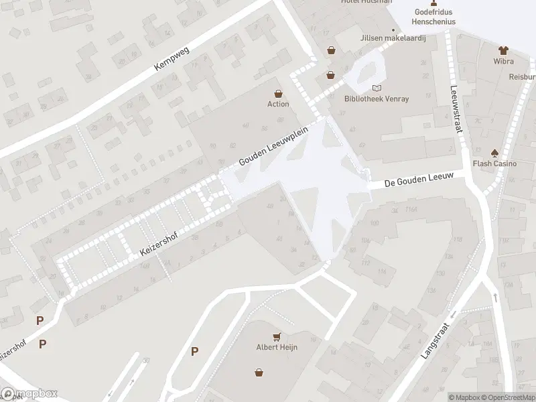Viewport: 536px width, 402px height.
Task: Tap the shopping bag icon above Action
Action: coord(278,94)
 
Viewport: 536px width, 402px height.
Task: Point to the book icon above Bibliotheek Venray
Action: coord(377,88)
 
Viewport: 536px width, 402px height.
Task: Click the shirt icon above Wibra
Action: coord(503,50)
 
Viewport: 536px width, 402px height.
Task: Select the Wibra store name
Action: coord(503,61)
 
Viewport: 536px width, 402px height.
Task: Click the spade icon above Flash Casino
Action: coord(494,152)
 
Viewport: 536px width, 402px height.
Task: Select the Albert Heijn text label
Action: coord(277,346)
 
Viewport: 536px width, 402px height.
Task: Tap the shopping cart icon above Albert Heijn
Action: coord(277,336)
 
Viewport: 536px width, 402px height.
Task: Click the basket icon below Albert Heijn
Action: coord(259,373)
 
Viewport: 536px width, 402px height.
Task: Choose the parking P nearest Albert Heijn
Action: coord(194,351)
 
